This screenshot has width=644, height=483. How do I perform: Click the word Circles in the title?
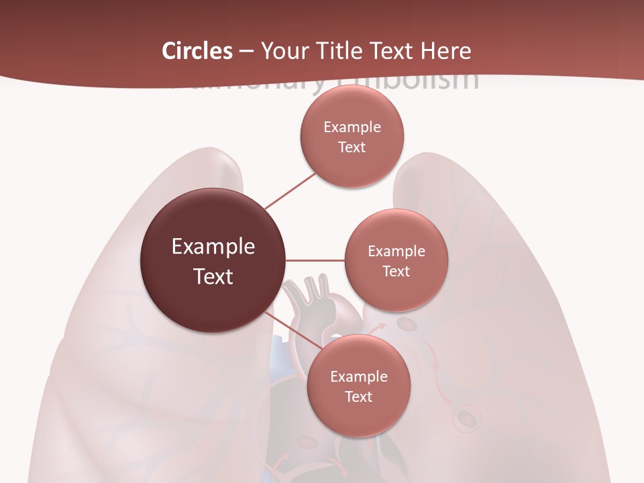[197, 51]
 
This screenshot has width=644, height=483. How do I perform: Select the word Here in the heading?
[445, 51]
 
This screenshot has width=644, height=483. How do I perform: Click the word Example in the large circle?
[213, 247]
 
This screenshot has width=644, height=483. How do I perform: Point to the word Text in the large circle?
[213, 276]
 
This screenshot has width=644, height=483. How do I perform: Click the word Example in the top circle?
[352, 127]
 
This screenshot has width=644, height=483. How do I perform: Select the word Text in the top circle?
[352, 148]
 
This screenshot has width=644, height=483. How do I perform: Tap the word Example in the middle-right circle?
[396, 252]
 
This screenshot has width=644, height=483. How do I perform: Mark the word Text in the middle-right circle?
[396, 272]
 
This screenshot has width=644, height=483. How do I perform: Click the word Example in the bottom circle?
[359, 377]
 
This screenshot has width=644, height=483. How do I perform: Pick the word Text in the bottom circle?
[359, 397]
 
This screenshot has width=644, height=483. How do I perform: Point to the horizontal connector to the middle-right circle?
[315, 260]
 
